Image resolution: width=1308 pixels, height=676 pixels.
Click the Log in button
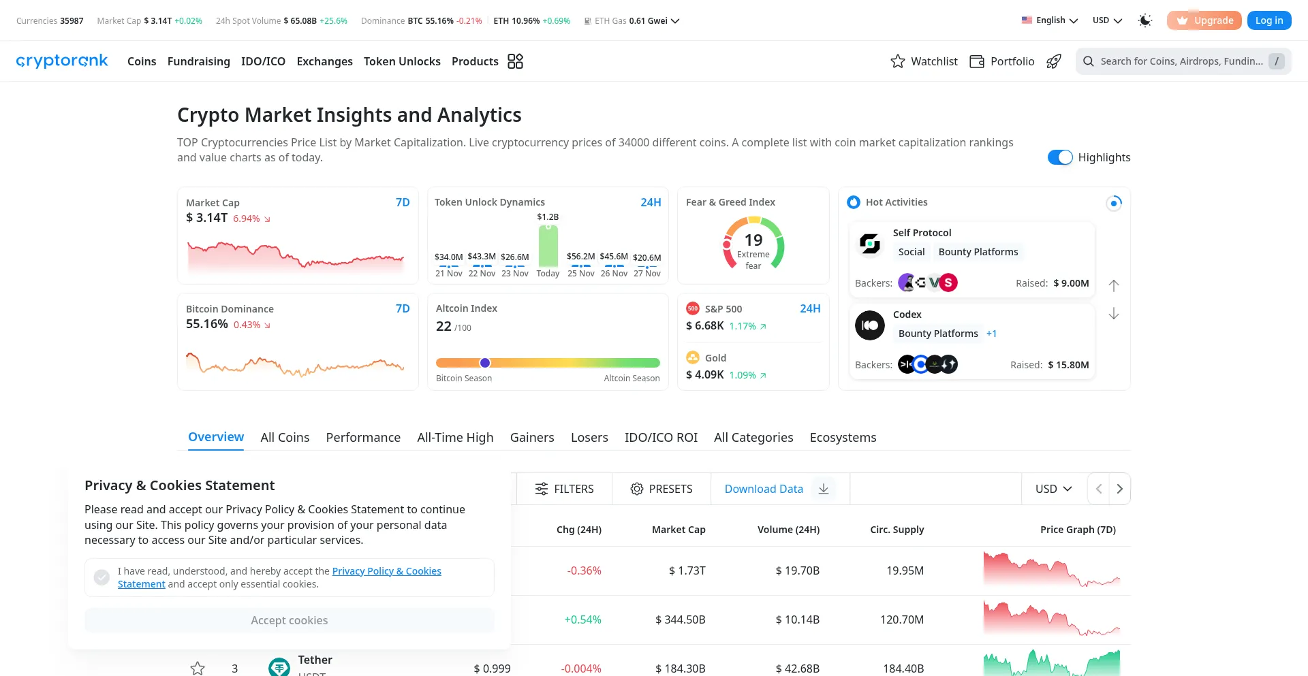point(1268,20)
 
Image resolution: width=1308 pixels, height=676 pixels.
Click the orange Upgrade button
point(1204,20)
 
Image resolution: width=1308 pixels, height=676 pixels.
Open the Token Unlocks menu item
point(402,61)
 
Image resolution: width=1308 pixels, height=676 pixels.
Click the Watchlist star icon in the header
point(898,61)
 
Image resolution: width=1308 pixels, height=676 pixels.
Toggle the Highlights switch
point(1059,157)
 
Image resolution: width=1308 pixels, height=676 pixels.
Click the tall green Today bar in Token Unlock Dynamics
point(548,246)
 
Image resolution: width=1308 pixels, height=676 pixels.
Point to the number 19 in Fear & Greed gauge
point(753,240)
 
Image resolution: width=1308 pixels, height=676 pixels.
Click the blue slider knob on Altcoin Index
point(485,363)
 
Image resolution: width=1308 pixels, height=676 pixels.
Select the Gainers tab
point(532,437)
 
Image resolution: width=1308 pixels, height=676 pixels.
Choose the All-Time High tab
point(455,437)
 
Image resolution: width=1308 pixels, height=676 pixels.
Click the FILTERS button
point(564,489)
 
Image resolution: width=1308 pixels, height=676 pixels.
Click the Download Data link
point(764,489)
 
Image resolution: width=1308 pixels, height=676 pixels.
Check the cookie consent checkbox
point(102,577)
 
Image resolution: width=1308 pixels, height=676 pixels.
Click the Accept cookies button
point(289,620)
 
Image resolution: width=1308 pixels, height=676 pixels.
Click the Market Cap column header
point(679,530)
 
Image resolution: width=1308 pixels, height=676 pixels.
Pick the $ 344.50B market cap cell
point(680,619)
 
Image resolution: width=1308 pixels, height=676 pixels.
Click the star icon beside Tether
point(198,669)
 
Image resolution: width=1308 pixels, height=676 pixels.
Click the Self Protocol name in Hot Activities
point(922,233)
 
